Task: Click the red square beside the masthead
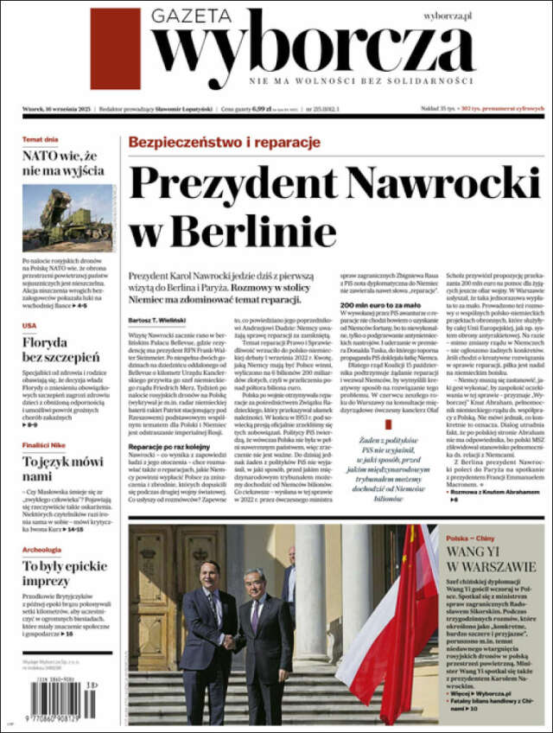click(115, 49)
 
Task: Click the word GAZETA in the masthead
click(191, 16)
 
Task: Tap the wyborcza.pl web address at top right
click(448, 16)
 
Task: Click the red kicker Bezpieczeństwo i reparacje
click(224, 142)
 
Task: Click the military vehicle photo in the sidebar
click(67, 218)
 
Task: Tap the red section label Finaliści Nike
click(46, 444)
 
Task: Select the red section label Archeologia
click(41, 549)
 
